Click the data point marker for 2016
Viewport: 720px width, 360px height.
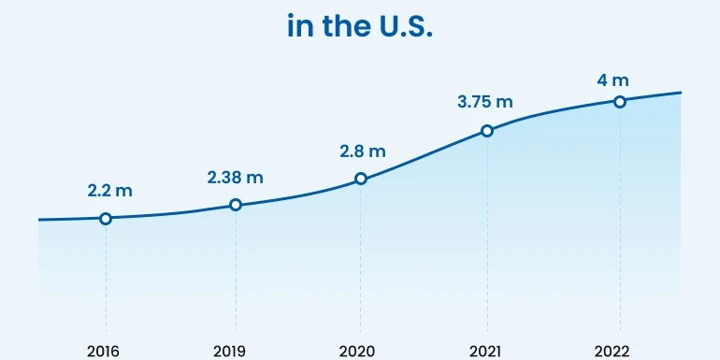tap(106, 219)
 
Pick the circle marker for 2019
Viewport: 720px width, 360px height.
tap(236, 205)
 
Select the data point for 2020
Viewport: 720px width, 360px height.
tap(361, 179)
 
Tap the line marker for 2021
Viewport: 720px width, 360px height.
tap(487, 131)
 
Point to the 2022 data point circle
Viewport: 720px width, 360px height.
tap(619, 101)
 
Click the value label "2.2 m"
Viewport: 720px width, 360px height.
tap(109, 191)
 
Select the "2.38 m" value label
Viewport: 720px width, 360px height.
tap(236, 177)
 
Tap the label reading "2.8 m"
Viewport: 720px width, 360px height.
tap(362, 151)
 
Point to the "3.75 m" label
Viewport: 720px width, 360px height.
tap(487, 102)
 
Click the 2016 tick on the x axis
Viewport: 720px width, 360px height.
tap(105, 351)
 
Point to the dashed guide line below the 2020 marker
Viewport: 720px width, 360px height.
tap(361, 262)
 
